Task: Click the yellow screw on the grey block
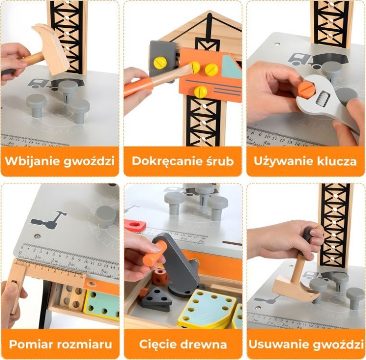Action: pyautogui.click(x=160, y=63)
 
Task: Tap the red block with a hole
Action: pyautogui.click(x=136, y=226)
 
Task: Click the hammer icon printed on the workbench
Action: pyautogui.click(x=49, y=220)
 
